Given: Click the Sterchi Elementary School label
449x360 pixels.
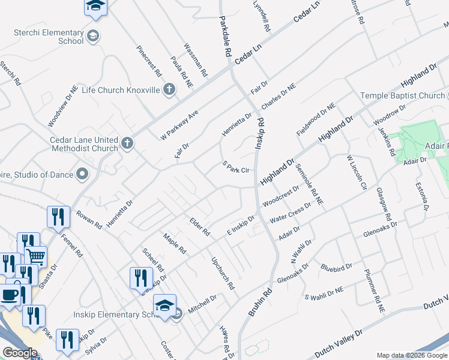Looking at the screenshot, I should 46,37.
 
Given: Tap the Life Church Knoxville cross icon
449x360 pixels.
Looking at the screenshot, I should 169,90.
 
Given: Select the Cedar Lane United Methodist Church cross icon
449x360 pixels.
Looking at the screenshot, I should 127,143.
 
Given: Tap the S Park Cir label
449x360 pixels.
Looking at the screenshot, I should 235,167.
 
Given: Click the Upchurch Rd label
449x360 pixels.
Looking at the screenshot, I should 221,274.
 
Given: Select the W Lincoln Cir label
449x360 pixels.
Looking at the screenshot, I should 356,174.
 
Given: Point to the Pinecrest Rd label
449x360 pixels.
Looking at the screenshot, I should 149,61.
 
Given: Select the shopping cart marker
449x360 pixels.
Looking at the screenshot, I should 36,257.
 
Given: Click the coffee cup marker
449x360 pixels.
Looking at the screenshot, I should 10,296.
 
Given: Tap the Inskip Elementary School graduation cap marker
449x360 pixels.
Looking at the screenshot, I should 164,305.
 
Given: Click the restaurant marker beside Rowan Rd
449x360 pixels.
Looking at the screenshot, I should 58,218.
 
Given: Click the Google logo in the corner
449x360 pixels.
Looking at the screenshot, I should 20,352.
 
